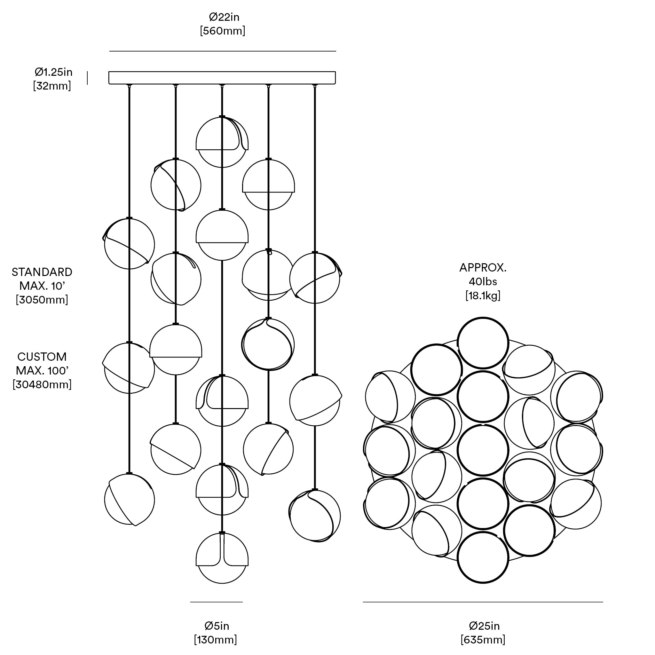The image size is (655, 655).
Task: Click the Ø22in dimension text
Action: click(x=224, y=17)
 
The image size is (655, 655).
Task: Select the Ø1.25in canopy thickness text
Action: click(x=53, y=72)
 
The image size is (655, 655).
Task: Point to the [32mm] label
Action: click(x=52, y=86)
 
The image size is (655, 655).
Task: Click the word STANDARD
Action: click(x=42, y=272)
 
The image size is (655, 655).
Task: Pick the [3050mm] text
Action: click(x=42, y=300)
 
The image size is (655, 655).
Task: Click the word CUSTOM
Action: click(x=42, y=357)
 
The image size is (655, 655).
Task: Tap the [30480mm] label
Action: click(x=42, y=385)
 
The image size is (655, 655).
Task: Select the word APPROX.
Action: click(x=483, y=268)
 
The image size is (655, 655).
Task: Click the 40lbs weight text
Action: click(x=483, y=282)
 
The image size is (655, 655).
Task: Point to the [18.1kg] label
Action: click(x=483, y=296)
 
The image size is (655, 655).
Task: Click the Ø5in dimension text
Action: click(x=217, y=626)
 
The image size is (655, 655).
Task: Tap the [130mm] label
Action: click(x=216, y=640)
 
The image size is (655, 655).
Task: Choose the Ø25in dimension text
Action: click(x=484, y=626)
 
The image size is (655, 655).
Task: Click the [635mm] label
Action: click(x=483, y=640)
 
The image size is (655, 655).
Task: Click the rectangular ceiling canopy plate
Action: click(x=222, y=78)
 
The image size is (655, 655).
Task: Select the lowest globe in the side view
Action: click(x=222, y=558)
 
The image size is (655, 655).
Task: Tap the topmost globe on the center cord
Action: click(x=222, y=142)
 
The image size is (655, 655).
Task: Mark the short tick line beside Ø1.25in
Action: click(x=87, y=78)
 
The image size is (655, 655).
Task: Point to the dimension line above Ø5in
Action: click(x=216, y=602)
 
